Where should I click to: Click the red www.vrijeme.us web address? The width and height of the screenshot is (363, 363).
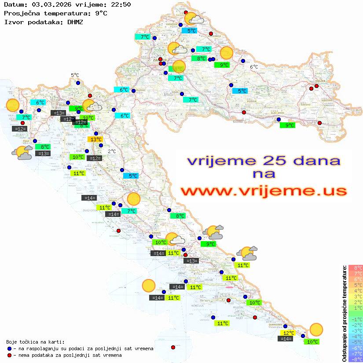coord(264,191)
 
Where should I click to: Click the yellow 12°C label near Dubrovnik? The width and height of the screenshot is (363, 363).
coord(288,333)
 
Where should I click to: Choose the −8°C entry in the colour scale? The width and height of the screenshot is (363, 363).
coord(356,359)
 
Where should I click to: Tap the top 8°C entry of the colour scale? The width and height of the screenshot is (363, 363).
coord(356,268)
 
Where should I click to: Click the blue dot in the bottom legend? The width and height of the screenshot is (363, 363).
coord(9,348)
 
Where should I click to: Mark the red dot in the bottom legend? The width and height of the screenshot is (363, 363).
coord(9,355)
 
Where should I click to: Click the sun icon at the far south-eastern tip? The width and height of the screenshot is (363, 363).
coord(316,329)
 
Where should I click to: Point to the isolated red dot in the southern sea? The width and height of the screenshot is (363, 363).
coord(173,347)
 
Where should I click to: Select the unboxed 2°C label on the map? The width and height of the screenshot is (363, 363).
coord(112,151)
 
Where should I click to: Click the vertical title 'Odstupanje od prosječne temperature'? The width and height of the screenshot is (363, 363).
coord(344,313)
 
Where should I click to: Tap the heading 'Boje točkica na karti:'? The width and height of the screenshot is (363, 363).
coord(35,341)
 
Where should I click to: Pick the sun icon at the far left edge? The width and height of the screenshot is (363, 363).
coord(12,106)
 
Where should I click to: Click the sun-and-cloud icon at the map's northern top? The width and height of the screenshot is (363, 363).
coord(193,19)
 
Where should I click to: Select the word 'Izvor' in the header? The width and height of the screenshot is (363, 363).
coord(13,22)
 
